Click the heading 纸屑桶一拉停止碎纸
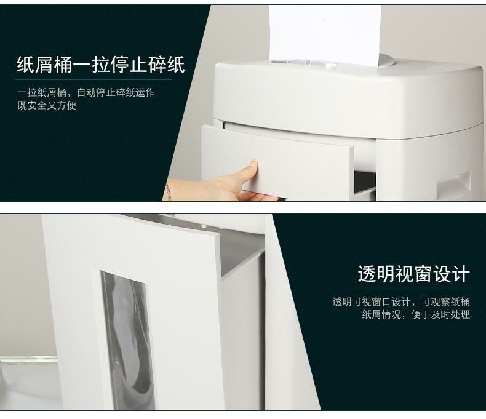coord(101,65)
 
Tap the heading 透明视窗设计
coord(414,274)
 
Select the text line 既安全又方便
coord(47,105)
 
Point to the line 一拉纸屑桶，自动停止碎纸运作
coord(86,92)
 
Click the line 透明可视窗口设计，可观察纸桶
coord(401,301)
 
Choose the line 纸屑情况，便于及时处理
coord(416,314)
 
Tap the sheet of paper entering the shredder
coord(325,33)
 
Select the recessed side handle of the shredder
coord(454,185)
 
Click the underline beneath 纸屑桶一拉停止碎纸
coord(94,80)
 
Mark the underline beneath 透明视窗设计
coord(409,289)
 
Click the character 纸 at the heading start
coord(25,65)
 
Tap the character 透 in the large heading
coord(367,274)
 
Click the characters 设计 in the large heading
coord(452,274)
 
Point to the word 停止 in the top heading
coord(129,65)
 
